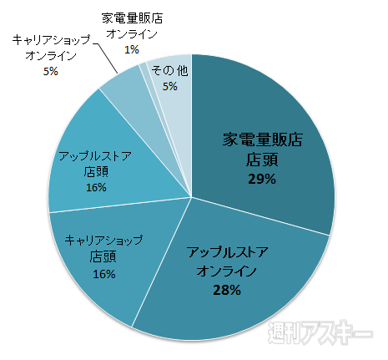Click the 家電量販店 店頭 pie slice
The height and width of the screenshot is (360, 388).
pos(284,125)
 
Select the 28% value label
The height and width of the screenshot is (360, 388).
pos(226,291)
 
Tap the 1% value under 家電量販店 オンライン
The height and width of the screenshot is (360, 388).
pos(131,49)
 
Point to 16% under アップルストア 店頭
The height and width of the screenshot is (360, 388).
pos(95,187)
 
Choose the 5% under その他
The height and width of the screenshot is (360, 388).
pos(169,86)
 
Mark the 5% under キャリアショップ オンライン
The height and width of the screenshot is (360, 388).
pos(51,72)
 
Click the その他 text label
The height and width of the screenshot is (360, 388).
pos(169,71)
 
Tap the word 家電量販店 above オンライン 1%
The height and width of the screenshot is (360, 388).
pos(131,18)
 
